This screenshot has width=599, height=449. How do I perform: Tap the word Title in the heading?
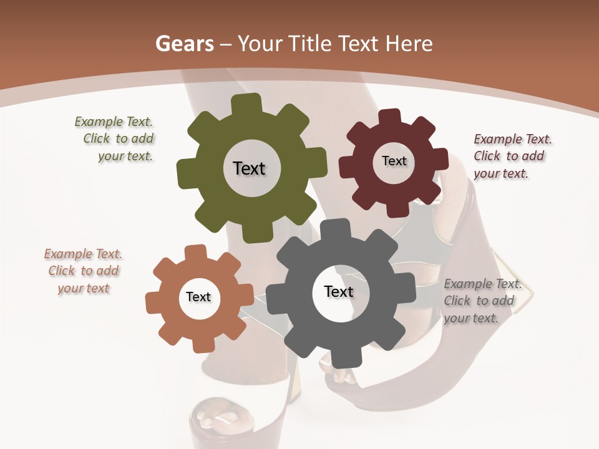[x=309, y=44]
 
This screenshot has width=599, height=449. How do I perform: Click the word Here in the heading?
[x=409, y=44]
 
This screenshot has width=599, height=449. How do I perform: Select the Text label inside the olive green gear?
[x=249, y=168]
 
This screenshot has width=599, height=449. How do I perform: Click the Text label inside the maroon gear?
[x=394, y=161]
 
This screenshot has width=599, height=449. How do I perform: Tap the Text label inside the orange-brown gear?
[x=198, y=297]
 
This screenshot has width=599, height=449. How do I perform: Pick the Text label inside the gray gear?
[x=339, y=292]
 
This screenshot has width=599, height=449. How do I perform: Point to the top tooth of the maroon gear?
[x=390, y=117]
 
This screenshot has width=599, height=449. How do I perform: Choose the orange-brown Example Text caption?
[x=83, y=271]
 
